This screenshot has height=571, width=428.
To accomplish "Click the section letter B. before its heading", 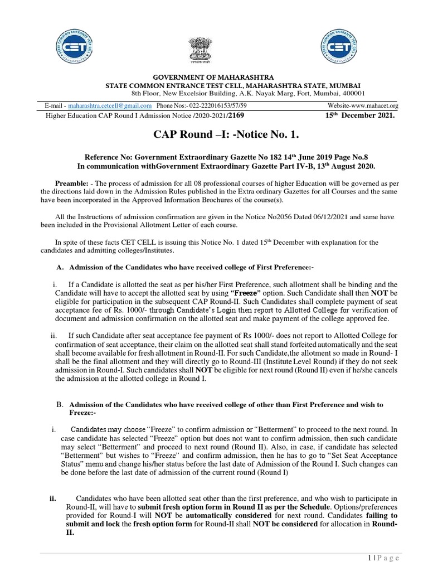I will point(61,404).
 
